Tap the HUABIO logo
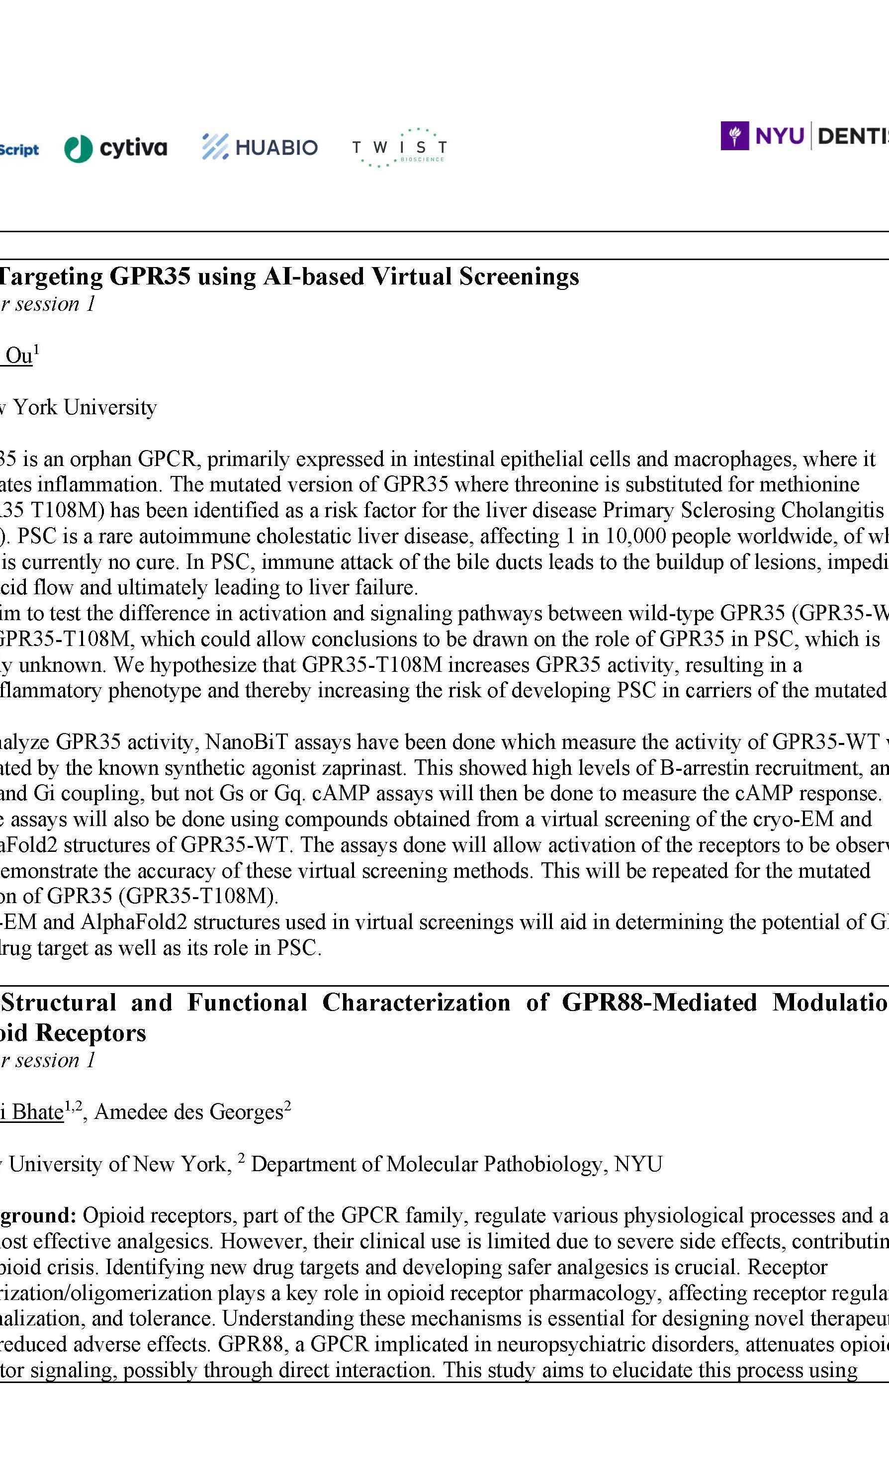tap(260, 147)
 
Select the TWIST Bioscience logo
tap(399, 147)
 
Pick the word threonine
tap(556, 484)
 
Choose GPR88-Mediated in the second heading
tap(659, 1003)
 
